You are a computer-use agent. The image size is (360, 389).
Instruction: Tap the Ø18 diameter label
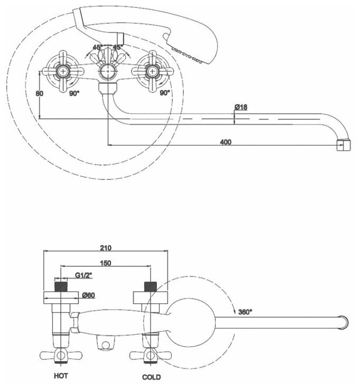click(x=241, y=107)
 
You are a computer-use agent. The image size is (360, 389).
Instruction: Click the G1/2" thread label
click(x=83, y=274)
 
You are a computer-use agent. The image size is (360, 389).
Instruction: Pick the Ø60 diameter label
click(x=88, y=296)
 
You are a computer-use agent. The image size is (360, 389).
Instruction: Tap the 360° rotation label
click(x=245, y=312)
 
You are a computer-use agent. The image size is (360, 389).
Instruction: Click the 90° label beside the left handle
click(x=74, y=93)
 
